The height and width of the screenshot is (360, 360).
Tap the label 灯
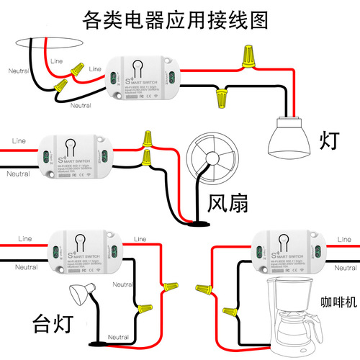pos(325,139)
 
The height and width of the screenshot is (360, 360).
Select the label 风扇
pos(228,204)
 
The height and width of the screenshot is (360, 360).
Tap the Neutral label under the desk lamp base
pos(117,337)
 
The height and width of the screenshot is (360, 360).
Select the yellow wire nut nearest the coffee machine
pos(230,312)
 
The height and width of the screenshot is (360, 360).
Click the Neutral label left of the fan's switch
pos(19,174)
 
